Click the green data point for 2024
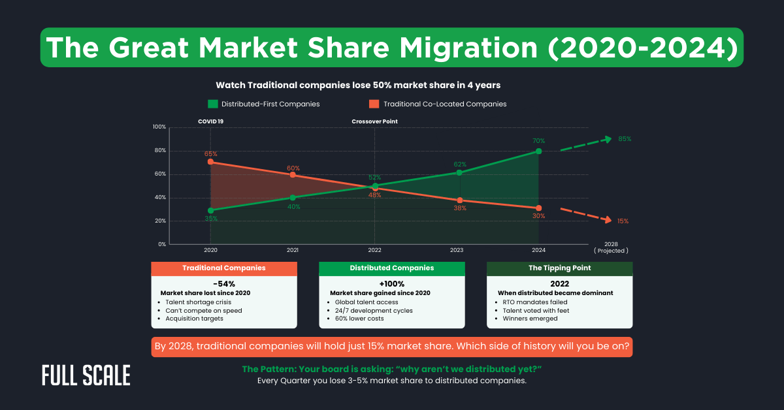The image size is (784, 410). coord(538,151)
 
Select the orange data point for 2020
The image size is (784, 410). coord(210,161)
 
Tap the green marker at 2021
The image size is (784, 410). coord(293,197)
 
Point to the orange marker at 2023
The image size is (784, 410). coord(459,200)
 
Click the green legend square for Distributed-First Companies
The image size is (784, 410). coord(212,104)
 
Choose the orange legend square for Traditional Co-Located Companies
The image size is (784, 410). coord(374,104)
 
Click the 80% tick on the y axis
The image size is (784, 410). coord(159,151)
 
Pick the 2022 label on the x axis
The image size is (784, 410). coord(374,250)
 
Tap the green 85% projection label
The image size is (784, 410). coord(624,139)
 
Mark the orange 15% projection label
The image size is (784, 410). coord(623,221)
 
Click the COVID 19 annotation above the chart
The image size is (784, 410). coord(210,121)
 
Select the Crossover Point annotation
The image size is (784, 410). coord(374,121)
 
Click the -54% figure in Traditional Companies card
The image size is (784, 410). coord(224,284)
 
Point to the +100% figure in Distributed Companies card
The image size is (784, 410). coord(391,284)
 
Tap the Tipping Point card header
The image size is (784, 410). coord(559,268)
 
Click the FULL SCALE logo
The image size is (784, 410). coord(86,375)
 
